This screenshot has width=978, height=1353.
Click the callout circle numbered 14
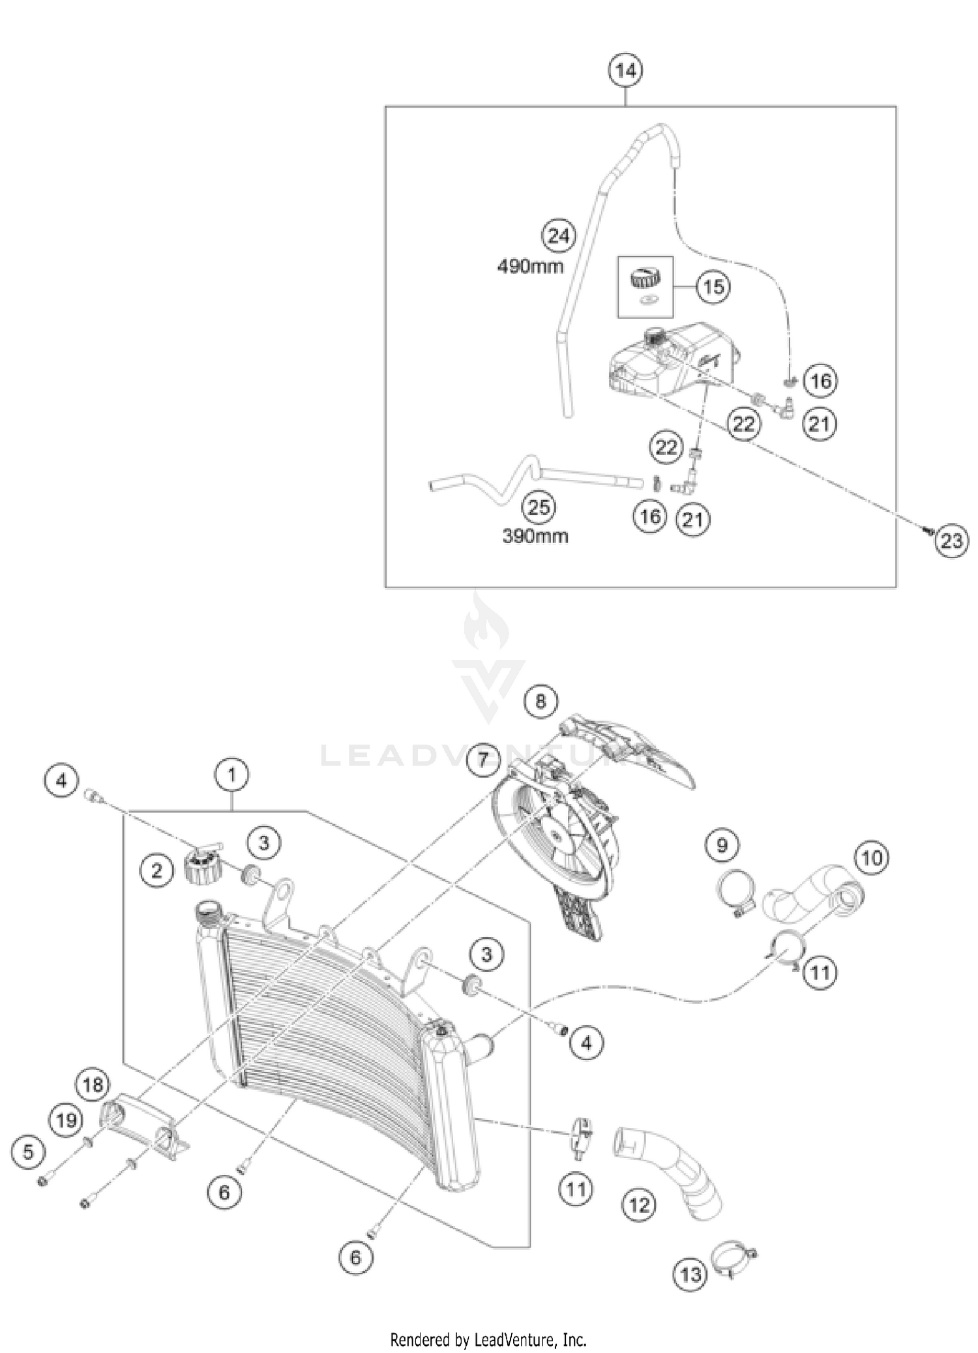[625, 70]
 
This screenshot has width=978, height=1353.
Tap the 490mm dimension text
[530, 266]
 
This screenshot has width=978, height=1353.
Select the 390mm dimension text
[535, 536]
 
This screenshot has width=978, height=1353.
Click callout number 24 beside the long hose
[558, 235]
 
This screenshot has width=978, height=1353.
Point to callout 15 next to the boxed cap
[713, 286]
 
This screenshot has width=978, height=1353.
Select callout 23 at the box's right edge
[951, 541]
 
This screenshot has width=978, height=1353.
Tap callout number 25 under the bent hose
[539, 507]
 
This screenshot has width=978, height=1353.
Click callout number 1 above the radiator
[231, 775]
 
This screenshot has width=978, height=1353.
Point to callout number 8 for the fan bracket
[541, 702]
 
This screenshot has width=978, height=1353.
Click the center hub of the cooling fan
[556, 834]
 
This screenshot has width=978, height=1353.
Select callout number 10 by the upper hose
[872, 857]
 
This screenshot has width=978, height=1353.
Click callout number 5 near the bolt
[28, 1152]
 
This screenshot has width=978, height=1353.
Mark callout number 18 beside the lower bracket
[93, 1084]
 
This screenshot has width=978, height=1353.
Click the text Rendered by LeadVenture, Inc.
[488, 1339]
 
